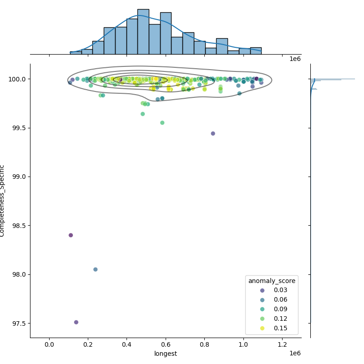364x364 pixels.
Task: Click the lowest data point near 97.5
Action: pos(76,322)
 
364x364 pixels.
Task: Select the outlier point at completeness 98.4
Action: pos(71,235)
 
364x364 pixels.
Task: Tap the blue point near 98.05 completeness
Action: pos(95,269)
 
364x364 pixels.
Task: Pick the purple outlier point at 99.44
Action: pos(213,133)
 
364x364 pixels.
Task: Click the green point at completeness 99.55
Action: pos(162,123)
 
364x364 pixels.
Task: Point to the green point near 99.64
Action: pos(142,114)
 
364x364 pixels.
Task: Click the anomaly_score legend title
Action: pos(272,281)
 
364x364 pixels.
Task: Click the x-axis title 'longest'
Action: pos(166,354)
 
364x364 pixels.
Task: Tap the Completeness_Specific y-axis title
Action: pos(3,201)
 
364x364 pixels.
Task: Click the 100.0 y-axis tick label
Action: pos(18,79)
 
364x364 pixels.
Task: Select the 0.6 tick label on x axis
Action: pos(166,345)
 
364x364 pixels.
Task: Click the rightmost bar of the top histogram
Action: pos(256,51)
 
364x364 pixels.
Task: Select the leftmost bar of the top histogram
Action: pos(76,53)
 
